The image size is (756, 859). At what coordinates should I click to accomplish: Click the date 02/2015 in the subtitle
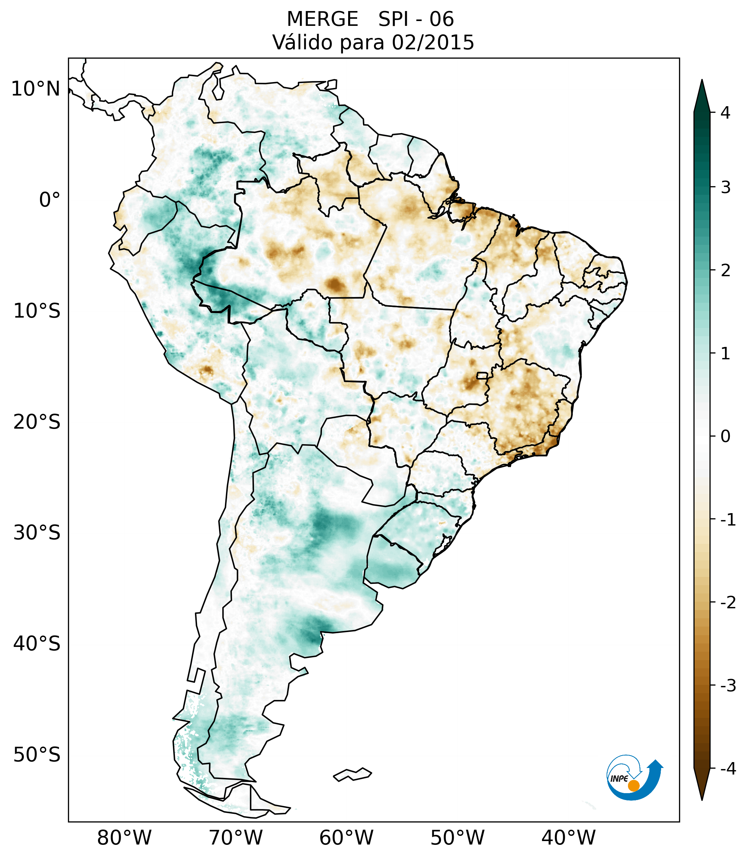[433, 42]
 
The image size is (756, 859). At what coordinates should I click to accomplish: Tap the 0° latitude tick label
[50, 200]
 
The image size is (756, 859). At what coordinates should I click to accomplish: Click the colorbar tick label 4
[725, 113]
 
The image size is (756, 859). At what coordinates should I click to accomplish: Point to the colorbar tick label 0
[725, 437]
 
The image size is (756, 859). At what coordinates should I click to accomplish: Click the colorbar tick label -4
[728, 769]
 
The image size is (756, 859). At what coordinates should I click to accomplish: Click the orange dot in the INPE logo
[634, 786]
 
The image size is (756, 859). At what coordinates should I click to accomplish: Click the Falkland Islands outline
[352, 774]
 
